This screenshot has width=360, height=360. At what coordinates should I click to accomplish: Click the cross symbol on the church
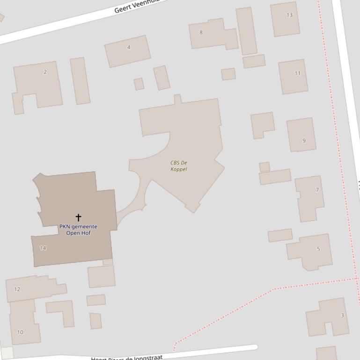pos(78,217)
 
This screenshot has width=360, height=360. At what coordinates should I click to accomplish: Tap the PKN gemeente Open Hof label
pos(78,230)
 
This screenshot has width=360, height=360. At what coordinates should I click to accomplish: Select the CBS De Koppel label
pos(179,166)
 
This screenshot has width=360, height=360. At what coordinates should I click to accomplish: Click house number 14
pos(43,248)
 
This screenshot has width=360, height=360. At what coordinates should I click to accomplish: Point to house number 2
pos(45,72)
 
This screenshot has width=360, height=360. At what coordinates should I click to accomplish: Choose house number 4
pos(129,47)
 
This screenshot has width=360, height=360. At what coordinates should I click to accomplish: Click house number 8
pos(201,32)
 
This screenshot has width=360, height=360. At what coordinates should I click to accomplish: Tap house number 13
pos(289,15)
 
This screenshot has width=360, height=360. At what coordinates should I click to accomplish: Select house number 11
pos(297,73)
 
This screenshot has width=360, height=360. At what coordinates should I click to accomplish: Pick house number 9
pos(304,140)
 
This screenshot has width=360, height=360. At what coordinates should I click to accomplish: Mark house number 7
pos(317,190)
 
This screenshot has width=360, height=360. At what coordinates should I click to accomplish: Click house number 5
pos(318,249)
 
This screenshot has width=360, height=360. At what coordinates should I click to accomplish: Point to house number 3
pos(342,316)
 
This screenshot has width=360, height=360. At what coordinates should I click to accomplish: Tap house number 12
pos(17,289)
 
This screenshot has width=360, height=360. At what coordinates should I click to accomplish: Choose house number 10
pos(20,332)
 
